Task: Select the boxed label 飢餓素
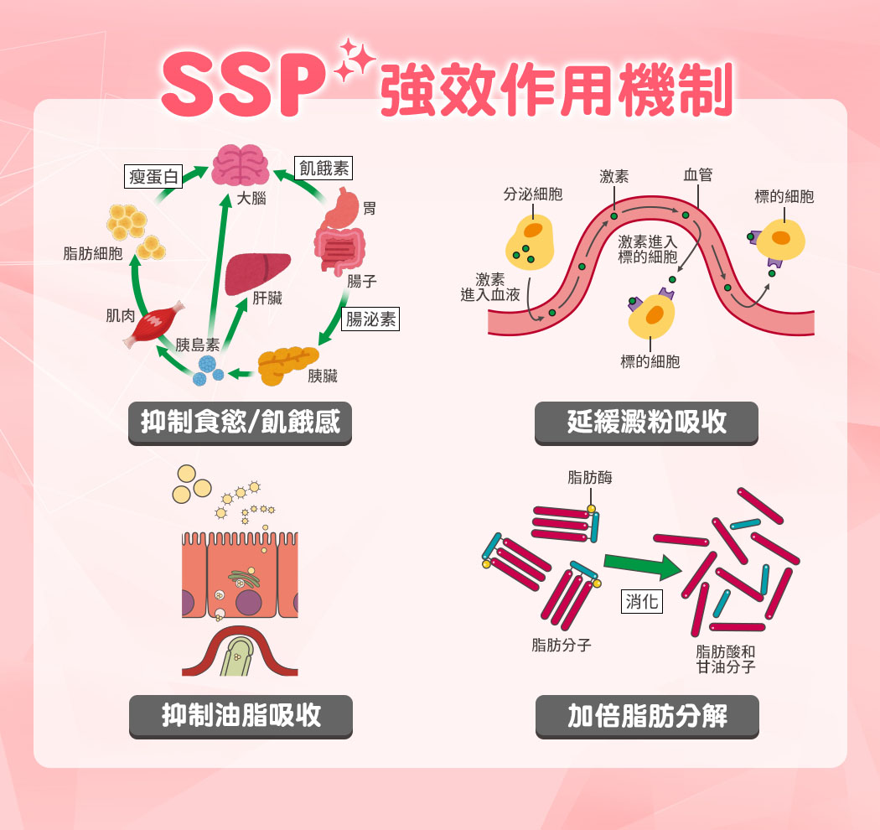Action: [324, 168]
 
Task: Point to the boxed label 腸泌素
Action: [371, 319]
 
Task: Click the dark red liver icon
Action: [257, 273]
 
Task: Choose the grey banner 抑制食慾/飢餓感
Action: [241, 423]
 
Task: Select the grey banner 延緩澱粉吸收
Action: [646, 423]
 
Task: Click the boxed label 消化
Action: [642, 601]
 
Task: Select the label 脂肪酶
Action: [590, 478]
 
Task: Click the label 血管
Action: [697, 175]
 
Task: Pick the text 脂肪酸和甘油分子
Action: [726, 660]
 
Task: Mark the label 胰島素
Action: [198, 345]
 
